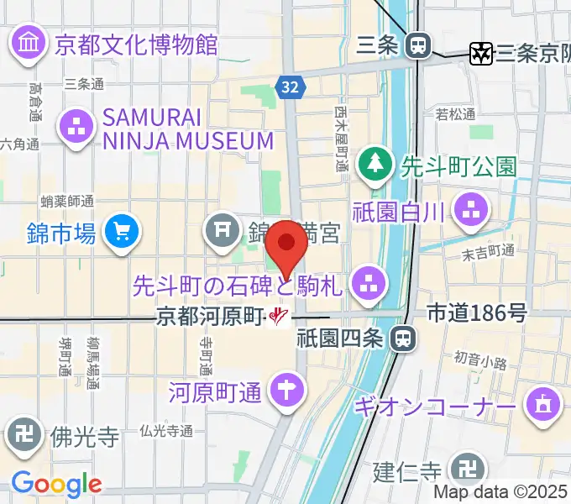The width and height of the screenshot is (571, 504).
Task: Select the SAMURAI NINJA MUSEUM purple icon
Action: click(76, 129)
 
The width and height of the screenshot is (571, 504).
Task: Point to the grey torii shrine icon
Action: click(223, 229)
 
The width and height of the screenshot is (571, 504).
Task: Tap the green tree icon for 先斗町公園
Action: click(373, 165)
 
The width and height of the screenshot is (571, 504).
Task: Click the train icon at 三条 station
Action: click(417, 45)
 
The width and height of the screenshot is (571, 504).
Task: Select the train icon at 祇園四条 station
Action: click(404, 338)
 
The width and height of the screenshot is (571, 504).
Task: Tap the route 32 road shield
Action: click(289, 86)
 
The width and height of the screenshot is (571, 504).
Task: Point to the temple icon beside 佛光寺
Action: click(24, 434)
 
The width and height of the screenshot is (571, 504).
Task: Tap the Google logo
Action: click(56, 484)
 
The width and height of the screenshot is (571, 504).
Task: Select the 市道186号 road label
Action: click(477, 313)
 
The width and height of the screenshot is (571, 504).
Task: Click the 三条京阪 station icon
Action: click(481, 53)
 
